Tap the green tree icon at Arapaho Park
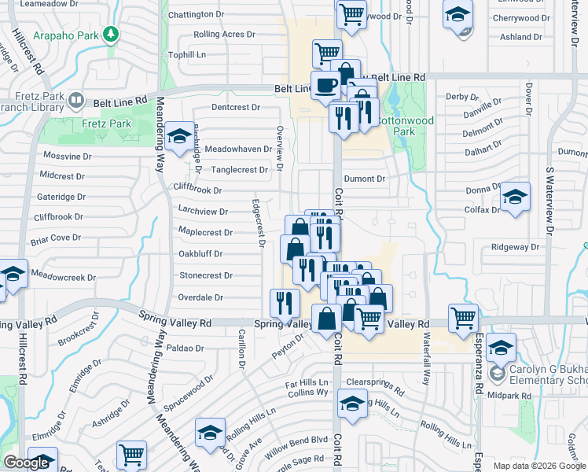[112, 35]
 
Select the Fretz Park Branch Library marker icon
[76, 101]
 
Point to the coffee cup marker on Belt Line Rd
[325, 85]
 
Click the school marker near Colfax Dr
[515, 197]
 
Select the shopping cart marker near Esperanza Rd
[464, 318]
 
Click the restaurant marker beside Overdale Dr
[285, 302]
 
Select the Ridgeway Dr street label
[516, 247]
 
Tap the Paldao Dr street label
[185, 347]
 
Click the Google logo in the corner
[27, 463]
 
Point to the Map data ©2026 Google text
[538, 466]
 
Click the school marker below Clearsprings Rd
[352, 404]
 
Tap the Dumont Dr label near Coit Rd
[364, 179]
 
